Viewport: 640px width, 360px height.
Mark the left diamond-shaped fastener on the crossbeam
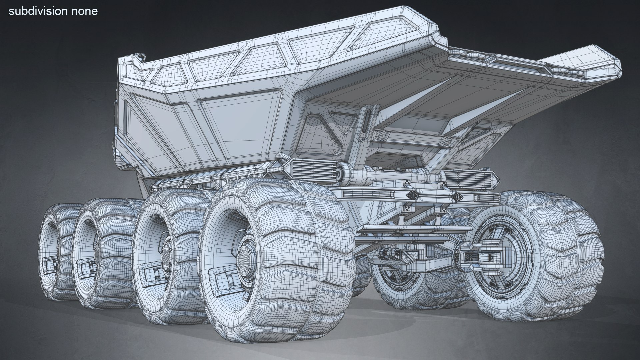tap(412, 196)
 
